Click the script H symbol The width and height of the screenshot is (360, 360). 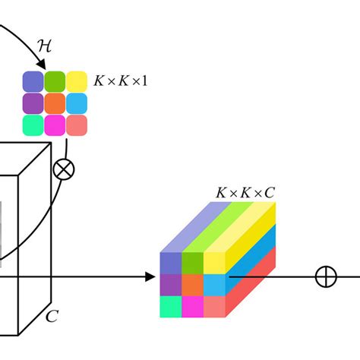tap(45, 46)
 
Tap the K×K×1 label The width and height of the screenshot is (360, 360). tap(120, 81)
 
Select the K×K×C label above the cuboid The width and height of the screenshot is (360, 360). tap(245, 193)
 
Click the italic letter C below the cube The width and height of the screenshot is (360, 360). tap(52, 316)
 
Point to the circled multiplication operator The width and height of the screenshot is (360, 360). tap(64, 169)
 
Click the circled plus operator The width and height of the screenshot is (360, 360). tap(326, 276)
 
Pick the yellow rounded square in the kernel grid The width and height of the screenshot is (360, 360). tap(77, 81)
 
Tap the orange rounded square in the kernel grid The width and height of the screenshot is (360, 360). tap(55, 103)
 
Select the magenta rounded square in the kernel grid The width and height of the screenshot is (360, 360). tap(55, 125)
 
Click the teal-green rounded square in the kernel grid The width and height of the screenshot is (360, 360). tap(33, 125)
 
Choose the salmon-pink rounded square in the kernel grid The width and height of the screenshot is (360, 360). tap(77, 125)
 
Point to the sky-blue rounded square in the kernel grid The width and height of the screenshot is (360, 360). tap(77, 103)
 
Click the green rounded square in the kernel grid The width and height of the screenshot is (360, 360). tap(55, 81)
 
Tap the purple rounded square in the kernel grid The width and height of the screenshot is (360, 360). tap(33, 103)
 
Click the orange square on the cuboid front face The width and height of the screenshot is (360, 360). tap(193, 285)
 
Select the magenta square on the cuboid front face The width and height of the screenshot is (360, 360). tap(193, 307)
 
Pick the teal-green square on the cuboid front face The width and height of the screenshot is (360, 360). tap(171, 307)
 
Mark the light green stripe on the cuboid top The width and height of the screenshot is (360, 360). tap(218, 227)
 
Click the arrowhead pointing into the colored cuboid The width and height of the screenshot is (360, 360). tap(150, 276)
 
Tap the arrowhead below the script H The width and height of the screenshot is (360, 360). tap(42, 64)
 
